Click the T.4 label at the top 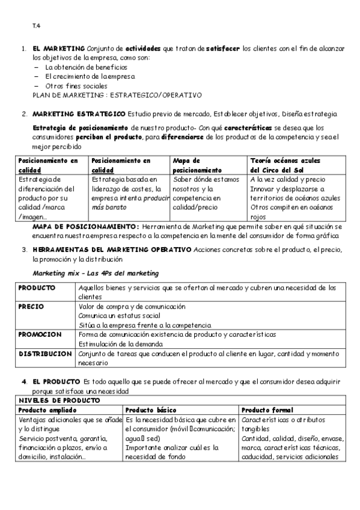pyautogui.click(x=36, y=25)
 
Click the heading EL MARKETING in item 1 pyautogui.click(x=59, y=49)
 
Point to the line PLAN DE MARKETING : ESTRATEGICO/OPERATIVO pyautogui.click(x=117, y=95)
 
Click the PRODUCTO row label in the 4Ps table pyautogui.click(x=37, y=288)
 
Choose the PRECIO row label pyautogui.click(x=31, y=307)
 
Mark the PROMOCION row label pyautogui.click(x=40, y=334)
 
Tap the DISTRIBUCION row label pyautogui.click(x=45, y=354)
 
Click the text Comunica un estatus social pyautogui.click(x=119, y=316)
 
